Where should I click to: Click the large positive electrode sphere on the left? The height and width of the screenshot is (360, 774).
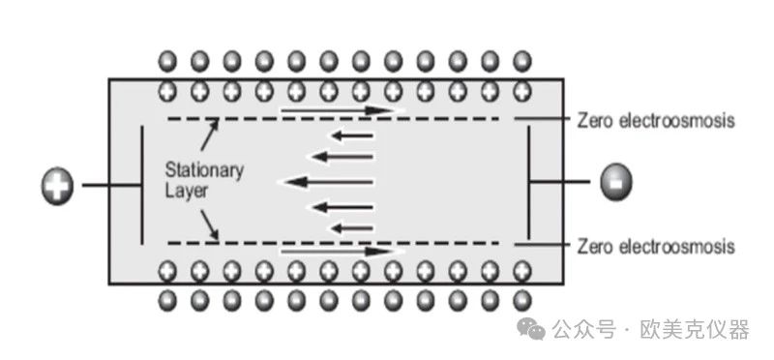tap(57, 187)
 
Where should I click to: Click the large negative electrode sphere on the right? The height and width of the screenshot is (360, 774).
tap(615, 182)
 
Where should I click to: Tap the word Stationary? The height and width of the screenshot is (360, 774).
tap(204, 170)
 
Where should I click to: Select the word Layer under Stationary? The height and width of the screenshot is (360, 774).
tap(186, 191)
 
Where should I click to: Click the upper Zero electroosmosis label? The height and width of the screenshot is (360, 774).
tap(656, 120)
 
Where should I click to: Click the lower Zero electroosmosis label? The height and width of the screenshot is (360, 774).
tap(656, 246)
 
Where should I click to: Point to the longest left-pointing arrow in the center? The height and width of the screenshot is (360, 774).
tap(329, 182)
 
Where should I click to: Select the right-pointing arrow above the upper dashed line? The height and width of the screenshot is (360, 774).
tap(340, 110)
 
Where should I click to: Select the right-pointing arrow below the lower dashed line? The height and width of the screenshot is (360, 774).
tap(340, 252)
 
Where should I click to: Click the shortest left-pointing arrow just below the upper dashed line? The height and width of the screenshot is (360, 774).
tap(351, 135)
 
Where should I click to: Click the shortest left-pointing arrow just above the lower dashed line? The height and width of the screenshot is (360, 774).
tap(351, 228)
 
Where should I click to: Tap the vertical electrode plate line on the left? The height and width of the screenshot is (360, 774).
tap(142, 185)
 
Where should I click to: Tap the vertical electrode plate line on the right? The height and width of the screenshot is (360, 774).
tap(528, 182)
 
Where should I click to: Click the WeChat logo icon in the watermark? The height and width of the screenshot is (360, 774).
tap(530, 329)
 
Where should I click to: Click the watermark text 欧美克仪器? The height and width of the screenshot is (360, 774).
tap(695, 330)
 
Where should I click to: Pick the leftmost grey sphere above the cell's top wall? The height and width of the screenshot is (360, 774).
tap(167, 62)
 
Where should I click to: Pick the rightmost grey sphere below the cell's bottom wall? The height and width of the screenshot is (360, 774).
tap(521, 300)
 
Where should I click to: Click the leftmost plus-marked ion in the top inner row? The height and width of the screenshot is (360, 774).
tap(167, 91)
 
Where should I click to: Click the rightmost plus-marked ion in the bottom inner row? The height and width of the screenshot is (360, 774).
tap(521, 271)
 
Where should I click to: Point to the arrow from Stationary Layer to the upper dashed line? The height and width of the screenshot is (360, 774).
tap(209, 134)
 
